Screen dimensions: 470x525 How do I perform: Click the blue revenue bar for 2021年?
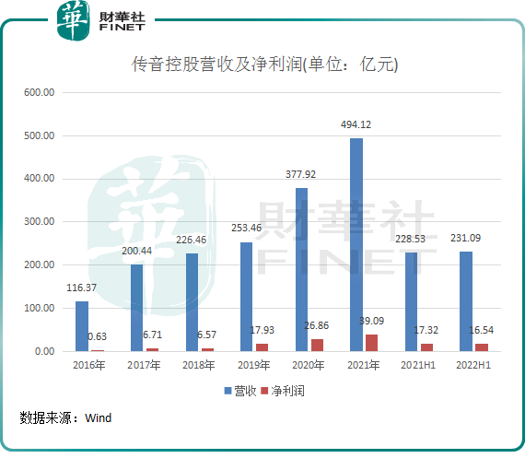pos(356,245)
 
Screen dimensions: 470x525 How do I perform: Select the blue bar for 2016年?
pos(82,326)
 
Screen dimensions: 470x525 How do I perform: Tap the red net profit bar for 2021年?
pos(370,343)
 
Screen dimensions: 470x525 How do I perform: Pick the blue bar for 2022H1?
pos(466,301)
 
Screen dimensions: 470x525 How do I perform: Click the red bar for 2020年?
pos(316,345)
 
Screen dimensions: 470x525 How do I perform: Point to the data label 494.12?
pos(356,124)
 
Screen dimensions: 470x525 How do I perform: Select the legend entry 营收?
pos(240,391)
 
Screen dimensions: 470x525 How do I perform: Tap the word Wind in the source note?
pos(98,418)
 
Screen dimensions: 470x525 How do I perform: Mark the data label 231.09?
pos(466,238)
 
